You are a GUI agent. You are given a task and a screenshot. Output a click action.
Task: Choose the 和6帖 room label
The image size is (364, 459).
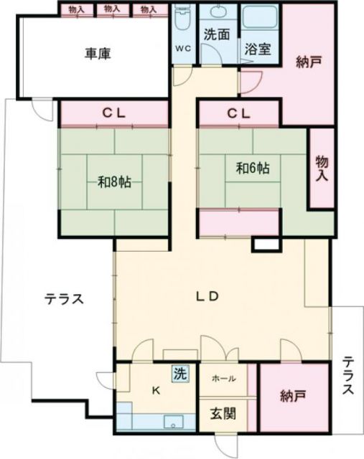pyautogui.click(x=253, y=169)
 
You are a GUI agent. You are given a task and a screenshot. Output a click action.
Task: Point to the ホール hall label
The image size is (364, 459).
pyautogui.click(x=223, y=378)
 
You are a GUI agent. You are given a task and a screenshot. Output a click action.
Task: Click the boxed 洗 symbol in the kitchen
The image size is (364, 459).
pyautogui.click(x=181, y=373)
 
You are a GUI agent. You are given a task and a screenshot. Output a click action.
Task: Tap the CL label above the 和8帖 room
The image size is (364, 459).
pyautogui.click(x=113, y=113)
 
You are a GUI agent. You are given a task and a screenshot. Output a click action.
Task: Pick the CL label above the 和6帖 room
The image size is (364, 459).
pyautogui.click(x=239, y=113)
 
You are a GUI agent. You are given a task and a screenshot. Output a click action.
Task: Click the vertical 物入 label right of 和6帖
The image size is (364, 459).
pyautogui.click(x=321, y=169)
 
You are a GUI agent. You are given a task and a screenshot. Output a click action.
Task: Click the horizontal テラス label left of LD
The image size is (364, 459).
pyautogui.click(x=64, y=299)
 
